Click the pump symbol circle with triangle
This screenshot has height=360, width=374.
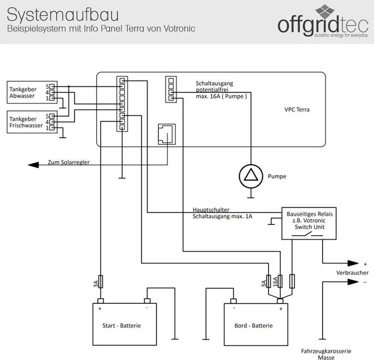pyautogui.click(x=250, y=176)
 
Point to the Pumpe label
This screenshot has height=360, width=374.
pyautogui.click(x=277, y=177)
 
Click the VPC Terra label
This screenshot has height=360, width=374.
pyautogui.click(x=296, y=110)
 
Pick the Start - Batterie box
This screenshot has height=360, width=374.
pyautogui.click(x=122, y=325)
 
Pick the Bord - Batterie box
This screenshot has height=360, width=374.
pyautogui.click(x=256, y=325)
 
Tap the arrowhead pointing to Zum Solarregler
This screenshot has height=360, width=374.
pyautogui.click(x=33, y=165)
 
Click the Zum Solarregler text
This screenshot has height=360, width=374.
pyautogui.click(x=69, y=162)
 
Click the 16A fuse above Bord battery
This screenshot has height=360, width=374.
pyautogui.click(x=280, y=282)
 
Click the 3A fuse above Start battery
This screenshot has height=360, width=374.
pyautogui.click(x=101, y=282)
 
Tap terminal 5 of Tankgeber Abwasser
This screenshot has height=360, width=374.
pyautogui.click(x=52, y=86)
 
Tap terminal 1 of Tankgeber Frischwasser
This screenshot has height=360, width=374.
pyautogui.click(x=52, y=128)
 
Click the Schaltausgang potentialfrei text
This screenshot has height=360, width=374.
pyautogui.click(x=217, y=86)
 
